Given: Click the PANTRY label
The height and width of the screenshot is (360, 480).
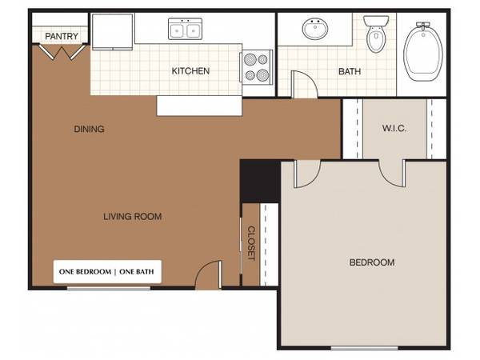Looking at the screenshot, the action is point(62,36).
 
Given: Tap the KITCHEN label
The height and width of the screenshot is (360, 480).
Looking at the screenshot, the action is point(190,71).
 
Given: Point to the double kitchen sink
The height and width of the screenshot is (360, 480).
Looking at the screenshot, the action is point(186,29).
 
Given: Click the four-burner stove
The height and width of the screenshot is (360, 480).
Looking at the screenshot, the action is point(257,67).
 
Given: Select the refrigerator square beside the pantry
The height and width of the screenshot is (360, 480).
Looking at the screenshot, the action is point(112,31).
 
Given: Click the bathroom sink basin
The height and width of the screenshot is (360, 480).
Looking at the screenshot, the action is point(315,29).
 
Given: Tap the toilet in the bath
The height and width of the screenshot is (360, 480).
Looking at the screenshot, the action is point(376,34).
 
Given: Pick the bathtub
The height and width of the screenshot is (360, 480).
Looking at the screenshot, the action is point(423,52).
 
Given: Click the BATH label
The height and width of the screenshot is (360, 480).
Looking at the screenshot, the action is point(350,72).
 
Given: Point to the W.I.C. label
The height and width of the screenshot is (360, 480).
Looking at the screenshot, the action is point(394,128).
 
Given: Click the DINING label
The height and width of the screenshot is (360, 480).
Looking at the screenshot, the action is point(89,129).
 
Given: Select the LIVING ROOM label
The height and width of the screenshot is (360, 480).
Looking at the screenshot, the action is point(133,217).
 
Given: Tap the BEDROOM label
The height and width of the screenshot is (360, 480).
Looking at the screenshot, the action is point(372,262).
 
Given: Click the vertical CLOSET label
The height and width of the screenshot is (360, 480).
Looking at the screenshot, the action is point(251,243).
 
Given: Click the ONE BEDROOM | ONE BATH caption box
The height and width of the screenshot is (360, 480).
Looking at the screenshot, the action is point(107,271).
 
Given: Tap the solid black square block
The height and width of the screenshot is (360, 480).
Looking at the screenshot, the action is point(259,182).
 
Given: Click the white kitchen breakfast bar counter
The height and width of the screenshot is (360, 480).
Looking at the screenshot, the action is point(199,106).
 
